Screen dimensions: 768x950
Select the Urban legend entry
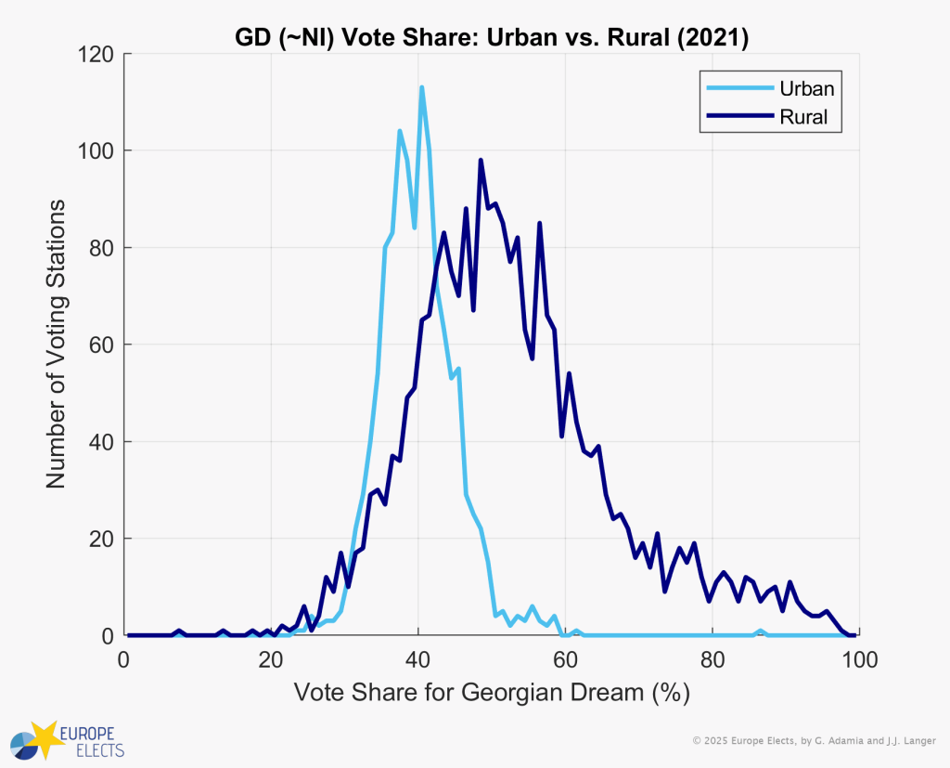[x=805, y=89]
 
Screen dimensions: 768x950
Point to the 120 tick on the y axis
[x=96, y=55]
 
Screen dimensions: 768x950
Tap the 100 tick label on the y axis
[x=96, y=151]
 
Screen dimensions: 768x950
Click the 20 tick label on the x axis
[x=271, y=660]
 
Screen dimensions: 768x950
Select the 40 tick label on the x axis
[x=418, y=660]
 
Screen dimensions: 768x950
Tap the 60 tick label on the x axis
[x=565, y=660]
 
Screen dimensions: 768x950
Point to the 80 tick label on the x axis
[x=712, y=660]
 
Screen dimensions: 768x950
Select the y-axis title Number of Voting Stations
[x=56, y=343]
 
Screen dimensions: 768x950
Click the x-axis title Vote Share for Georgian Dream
[x=492, y=694]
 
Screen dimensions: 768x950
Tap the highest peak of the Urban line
[x=422, y=88]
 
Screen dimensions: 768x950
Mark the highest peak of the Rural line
[x=481, y=161]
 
